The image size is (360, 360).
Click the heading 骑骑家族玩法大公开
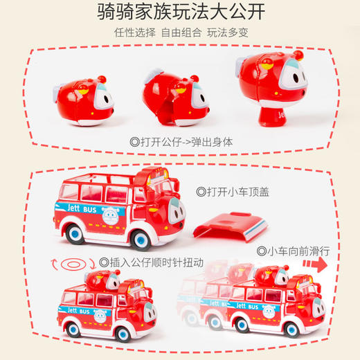(180, 12)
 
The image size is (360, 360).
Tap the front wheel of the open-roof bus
(141, 239)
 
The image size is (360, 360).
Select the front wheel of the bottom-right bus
(291, 326)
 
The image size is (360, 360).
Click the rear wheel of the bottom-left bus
(73, 328)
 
